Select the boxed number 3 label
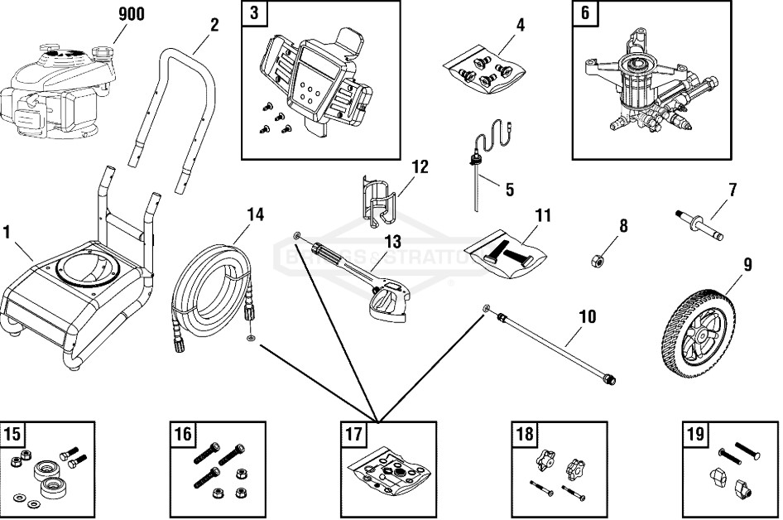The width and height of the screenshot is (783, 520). point(253,13)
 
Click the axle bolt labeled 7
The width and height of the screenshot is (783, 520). point(699,227)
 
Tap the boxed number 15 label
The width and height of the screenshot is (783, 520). point(12,434)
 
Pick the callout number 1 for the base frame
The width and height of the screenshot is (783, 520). point(7,233)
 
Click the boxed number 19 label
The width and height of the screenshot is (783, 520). point(694,434)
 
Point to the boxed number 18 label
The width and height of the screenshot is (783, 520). point(525,434)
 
